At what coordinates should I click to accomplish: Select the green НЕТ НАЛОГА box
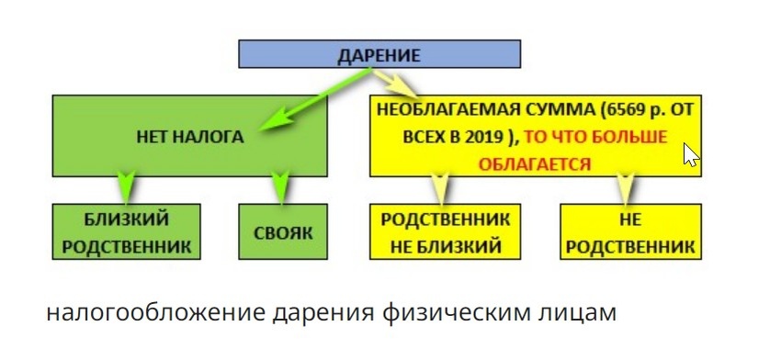point(191,137)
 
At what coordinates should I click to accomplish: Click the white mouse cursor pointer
point(691,153)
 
